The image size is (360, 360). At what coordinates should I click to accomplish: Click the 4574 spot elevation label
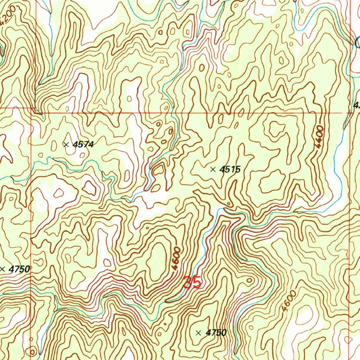click(x=83, y=144)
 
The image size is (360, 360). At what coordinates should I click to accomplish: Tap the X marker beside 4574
click(x=66, y=144)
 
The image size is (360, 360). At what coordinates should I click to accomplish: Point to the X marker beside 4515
click(x=213, y=169)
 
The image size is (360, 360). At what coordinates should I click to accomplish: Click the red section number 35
click(x=192, y=283)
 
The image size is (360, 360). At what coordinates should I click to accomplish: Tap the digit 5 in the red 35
click(x=197, y=283)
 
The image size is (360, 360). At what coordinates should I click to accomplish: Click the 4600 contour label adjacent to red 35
click(x=176, y=259)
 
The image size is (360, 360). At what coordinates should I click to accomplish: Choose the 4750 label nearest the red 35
click(x=216, y=333)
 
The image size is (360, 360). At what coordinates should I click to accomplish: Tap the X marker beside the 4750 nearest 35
click(x=199, y=333)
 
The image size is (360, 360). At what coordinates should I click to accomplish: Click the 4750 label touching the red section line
click(x=18, y=269)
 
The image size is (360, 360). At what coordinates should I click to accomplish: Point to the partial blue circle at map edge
click(x=358, y=43)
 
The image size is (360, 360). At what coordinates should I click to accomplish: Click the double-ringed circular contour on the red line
click(x=33, y=351)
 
